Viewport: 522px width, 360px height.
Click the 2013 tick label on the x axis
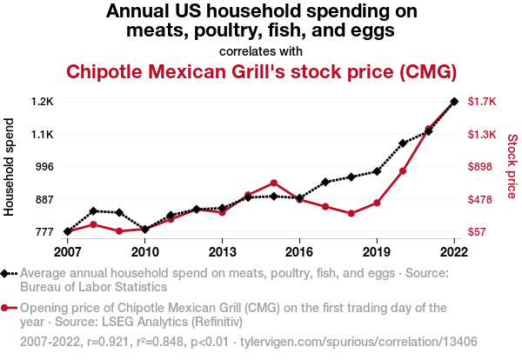click(223, 252)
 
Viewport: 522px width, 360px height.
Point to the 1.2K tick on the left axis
click(41, 102)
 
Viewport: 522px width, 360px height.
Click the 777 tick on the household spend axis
click(43, 232)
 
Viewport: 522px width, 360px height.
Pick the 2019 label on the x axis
click(377, 252)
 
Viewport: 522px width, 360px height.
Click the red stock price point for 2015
click(274, 183)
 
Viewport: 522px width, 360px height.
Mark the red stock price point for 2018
click(351, 213)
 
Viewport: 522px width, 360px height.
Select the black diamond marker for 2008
click(93, 210)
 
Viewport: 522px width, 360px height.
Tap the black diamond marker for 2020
click(403, 143)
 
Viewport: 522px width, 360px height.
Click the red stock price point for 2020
click(403, 170)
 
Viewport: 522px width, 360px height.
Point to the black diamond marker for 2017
click(325, 182)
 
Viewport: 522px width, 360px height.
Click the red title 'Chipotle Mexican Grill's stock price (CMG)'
click(261, 71)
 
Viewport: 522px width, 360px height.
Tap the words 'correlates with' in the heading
click(261, 50)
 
